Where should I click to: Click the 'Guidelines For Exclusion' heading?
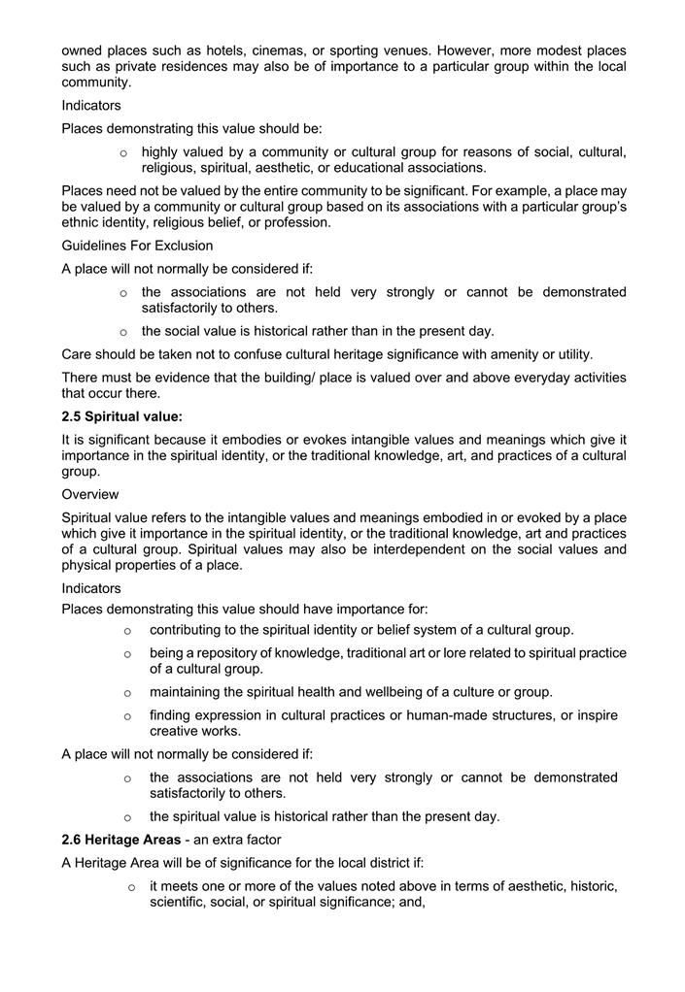point(137,246)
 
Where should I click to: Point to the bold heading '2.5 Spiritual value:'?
point(121,416)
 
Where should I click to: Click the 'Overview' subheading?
point(90,493)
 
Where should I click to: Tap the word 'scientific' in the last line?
point(181,902)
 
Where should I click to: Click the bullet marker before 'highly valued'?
point(123,152)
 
